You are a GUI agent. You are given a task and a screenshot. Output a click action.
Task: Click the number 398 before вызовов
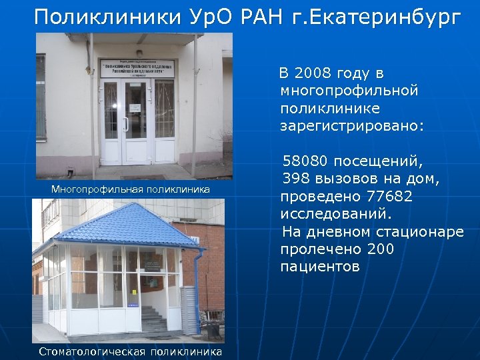point(297,179)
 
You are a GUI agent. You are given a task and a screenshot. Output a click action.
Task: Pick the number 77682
point(389,197)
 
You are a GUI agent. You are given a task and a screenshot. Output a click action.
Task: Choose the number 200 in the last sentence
point(381,249)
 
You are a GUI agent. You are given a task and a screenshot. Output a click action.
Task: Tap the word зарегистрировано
point(352,125)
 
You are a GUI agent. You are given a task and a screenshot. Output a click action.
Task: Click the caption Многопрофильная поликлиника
point(131,190)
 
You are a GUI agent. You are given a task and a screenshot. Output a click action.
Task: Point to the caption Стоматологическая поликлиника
point(131,351)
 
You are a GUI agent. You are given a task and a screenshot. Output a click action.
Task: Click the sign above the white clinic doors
point(137,68)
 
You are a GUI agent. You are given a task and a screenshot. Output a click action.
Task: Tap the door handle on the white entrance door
point(125,123)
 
